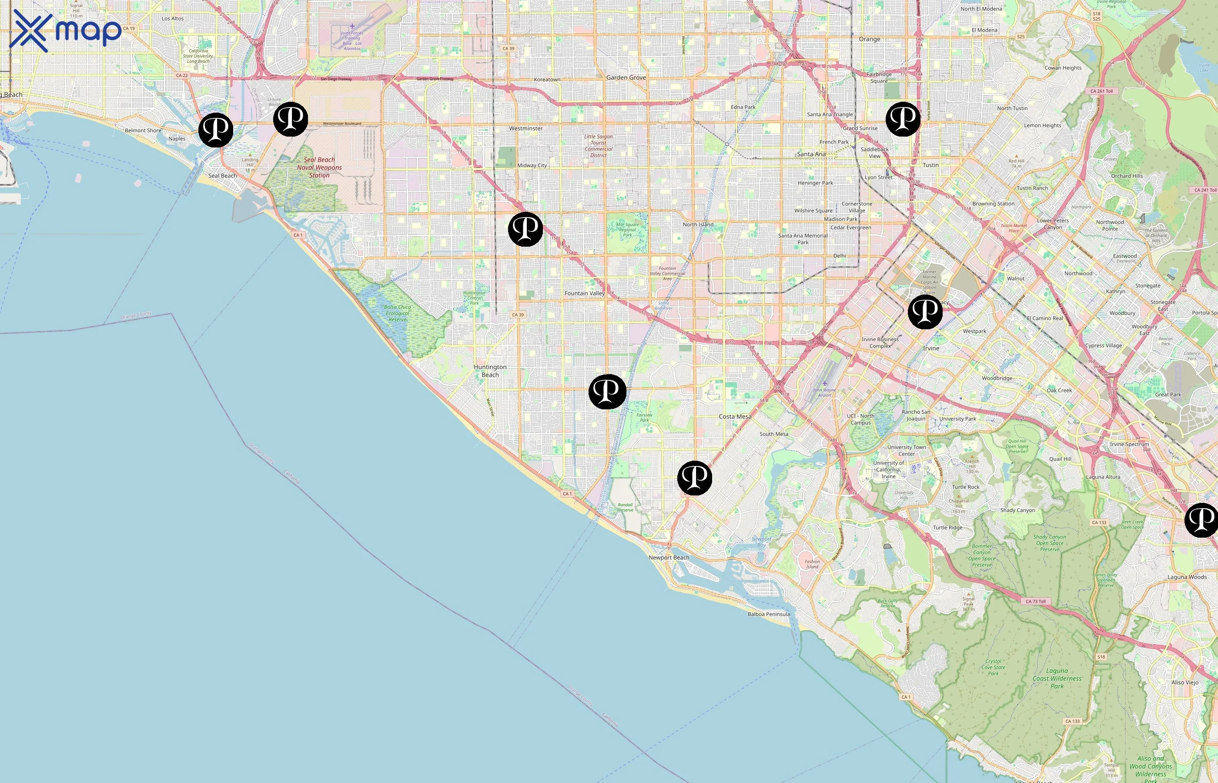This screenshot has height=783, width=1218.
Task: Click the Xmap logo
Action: tap(65, 30)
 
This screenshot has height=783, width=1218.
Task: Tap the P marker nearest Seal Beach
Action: tap(215, 130)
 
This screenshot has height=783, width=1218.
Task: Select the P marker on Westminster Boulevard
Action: tap(291, 119)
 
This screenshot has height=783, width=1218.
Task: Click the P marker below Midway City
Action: tap(525, 229)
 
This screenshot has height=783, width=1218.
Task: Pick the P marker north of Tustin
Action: tap(903, 119)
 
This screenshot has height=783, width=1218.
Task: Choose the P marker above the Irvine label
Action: tap(925, 311)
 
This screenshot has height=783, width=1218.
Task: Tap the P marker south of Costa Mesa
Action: tap(694, 478)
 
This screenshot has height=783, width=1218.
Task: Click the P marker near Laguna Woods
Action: tap(1201, 520)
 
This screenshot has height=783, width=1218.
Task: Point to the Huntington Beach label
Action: tap(490, 371)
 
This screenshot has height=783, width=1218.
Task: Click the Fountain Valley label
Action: tap(585, 293)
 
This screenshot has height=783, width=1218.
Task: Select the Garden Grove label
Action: tap(626, 78)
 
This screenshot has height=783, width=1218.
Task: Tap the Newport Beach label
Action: tap(669, 558)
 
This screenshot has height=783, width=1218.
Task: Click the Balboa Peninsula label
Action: tap(769, 614)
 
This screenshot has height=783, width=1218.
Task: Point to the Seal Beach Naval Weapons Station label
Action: tap(319, 167)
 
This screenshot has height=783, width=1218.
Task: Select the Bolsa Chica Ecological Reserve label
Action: tap(398, 313)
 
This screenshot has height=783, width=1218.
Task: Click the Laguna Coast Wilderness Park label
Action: tap(1057, 678)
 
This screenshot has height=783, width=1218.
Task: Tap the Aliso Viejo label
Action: tap(1185, 683)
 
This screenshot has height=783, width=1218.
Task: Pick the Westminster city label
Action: tap(525, 129)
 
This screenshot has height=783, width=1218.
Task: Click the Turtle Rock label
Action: tap(965, 487)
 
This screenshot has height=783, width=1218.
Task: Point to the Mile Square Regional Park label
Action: tap(627, 229)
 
